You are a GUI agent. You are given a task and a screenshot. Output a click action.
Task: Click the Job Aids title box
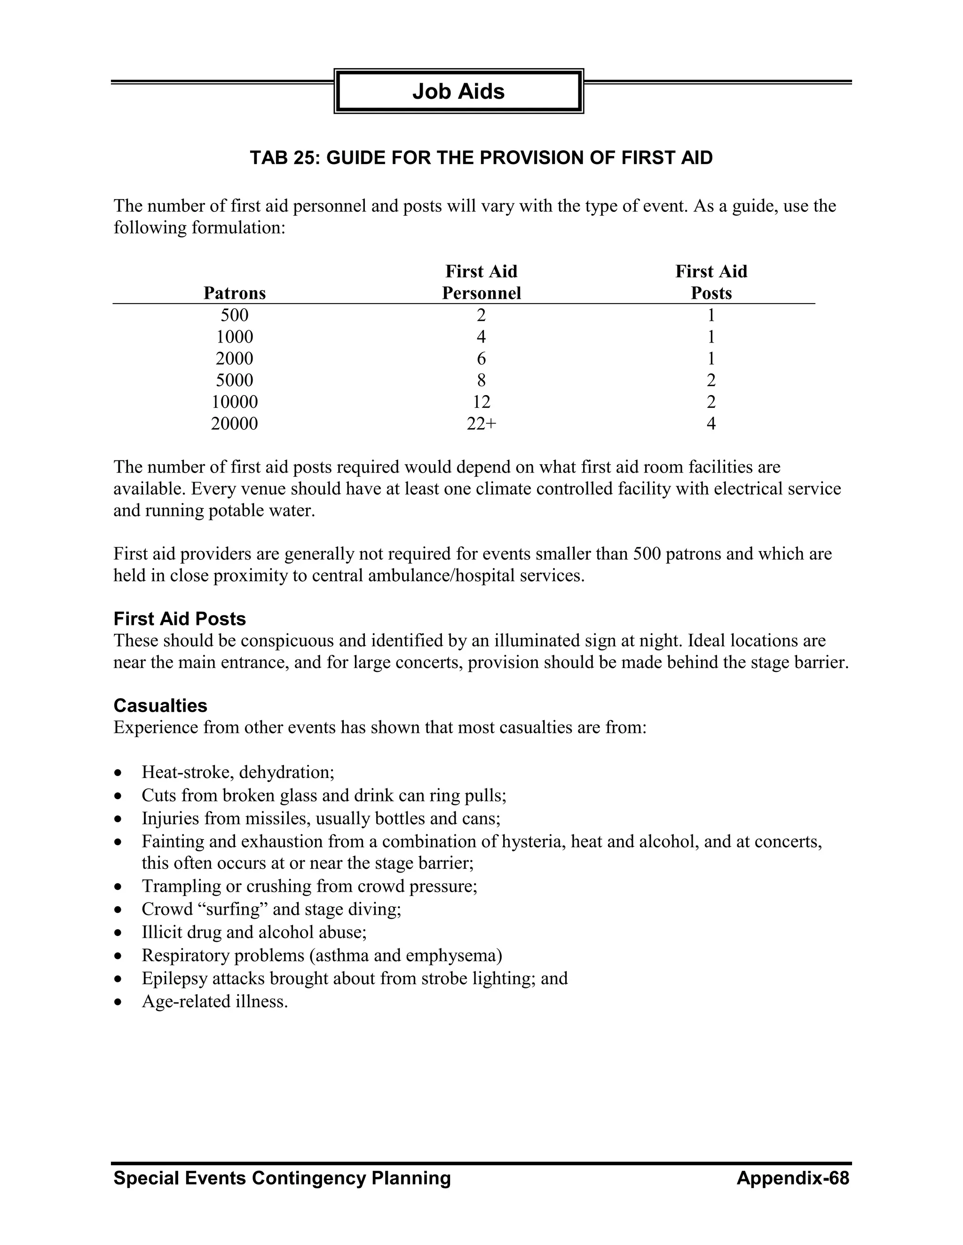[x=458, y=91]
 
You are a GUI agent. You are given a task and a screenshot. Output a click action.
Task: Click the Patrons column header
[x=235, y=293]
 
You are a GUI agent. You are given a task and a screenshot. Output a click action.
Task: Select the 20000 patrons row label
[x=235, y=424]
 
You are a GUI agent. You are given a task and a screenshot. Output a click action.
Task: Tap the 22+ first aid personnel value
[x=481, y=424]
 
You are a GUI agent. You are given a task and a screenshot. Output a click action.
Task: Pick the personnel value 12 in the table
[x=481, y=402]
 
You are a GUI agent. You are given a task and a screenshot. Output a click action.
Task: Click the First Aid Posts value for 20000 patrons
[x=711, y=424]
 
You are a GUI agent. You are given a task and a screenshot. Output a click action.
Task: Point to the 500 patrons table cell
[x=235, y=315]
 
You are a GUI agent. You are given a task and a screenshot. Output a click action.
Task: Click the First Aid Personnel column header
[x=481, y=282]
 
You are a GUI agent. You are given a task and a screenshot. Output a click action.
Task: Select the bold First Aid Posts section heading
[x=180, y=619]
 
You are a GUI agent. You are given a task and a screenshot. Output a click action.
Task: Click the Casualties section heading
[x=160, y=706]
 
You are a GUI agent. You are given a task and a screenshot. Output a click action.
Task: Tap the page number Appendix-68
[x=792, y=1178]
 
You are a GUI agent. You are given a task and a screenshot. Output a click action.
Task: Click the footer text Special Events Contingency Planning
[x=282, y=1178]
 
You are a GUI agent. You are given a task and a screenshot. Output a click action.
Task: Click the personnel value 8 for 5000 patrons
[x=481, y=380]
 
